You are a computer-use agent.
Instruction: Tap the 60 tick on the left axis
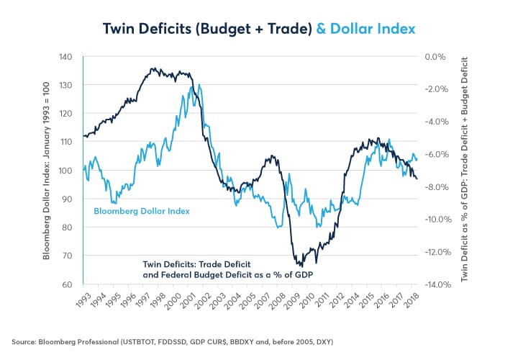click(66, 285)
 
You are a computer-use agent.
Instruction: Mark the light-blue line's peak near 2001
click(191, 86)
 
